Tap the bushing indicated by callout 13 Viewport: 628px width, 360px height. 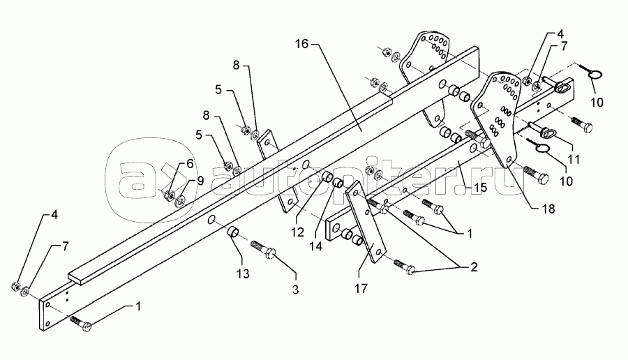coord(234,232)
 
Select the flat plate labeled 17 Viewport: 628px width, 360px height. coord(367,221)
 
